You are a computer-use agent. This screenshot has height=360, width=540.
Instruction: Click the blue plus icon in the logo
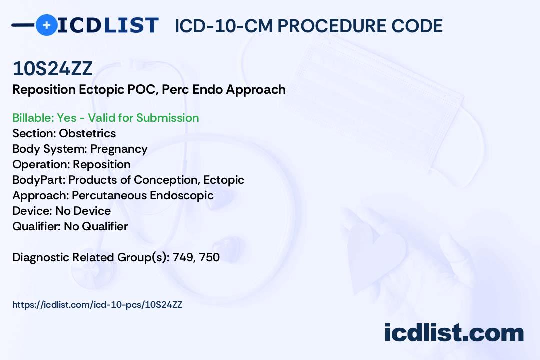46,25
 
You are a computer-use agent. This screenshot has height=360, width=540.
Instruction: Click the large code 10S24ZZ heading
52,69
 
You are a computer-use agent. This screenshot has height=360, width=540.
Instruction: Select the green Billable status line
105,118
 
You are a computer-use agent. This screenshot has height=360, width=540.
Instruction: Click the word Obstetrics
87,133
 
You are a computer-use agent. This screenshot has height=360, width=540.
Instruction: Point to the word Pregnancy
119,149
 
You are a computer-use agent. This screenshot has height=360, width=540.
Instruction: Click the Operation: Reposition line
71,164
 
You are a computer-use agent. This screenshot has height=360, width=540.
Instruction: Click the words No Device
83,211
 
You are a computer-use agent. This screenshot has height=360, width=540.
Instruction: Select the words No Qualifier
96,226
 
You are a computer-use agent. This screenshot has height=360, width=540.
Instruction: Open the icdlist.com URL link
97,305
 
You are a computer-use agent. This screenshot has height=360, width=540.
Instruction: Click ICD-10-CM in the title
224,26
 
